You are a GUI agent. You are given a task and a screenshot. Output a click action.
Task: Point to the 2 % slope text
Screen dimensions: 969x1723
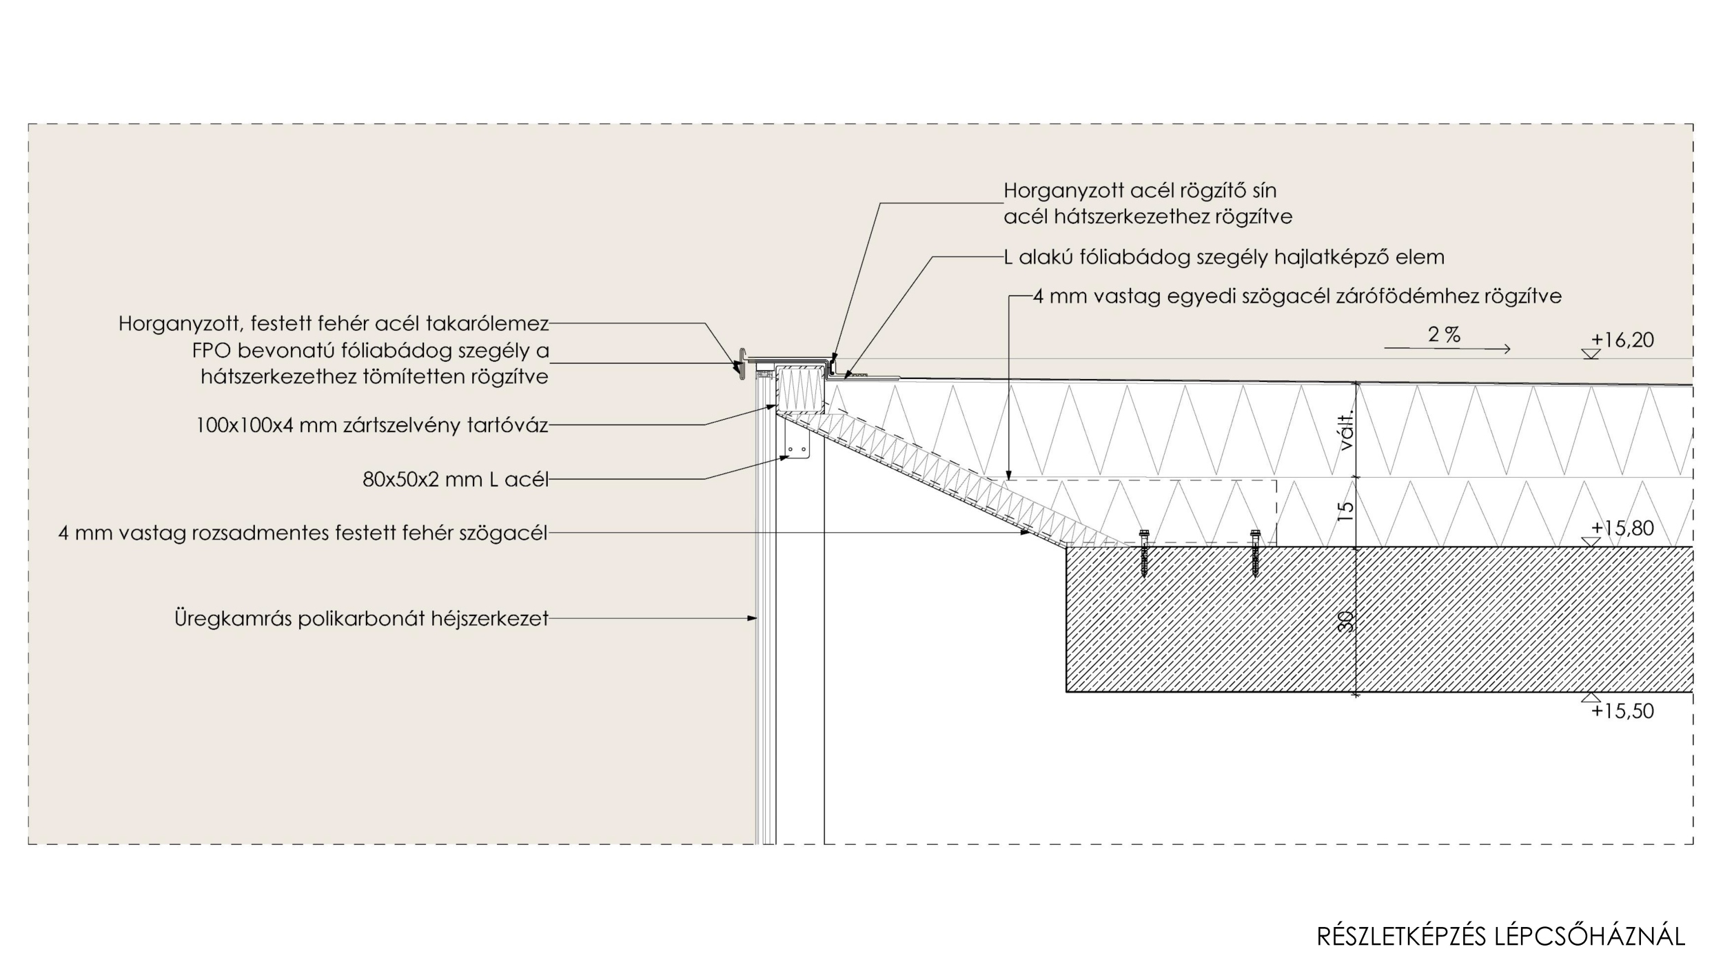coord(1444,336)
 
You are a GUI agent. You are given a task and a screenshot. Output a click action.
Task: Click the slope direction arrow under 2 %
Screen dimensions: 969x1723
coord(1447,349)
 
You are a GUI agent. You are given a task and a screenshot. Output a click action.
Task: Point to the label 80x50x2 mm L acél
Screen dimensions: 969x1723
coord(456,480)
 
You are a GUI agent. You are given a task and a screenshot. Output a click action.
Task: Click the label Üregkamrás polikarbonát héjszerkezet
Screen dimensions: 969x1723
coord(361,619)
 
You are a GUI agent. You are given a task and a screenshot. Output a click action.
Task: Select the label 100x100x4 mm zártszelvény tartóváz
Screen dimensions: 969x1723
coord(372,425)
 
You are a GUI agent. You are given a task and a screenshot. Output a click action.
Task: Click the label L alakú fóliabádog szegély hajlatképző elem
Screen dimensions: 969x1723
coord(1223,258)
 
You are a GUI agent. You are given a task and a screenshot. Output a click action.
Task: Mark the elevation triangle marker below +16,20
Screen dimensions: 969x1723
coord(1591,354)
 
